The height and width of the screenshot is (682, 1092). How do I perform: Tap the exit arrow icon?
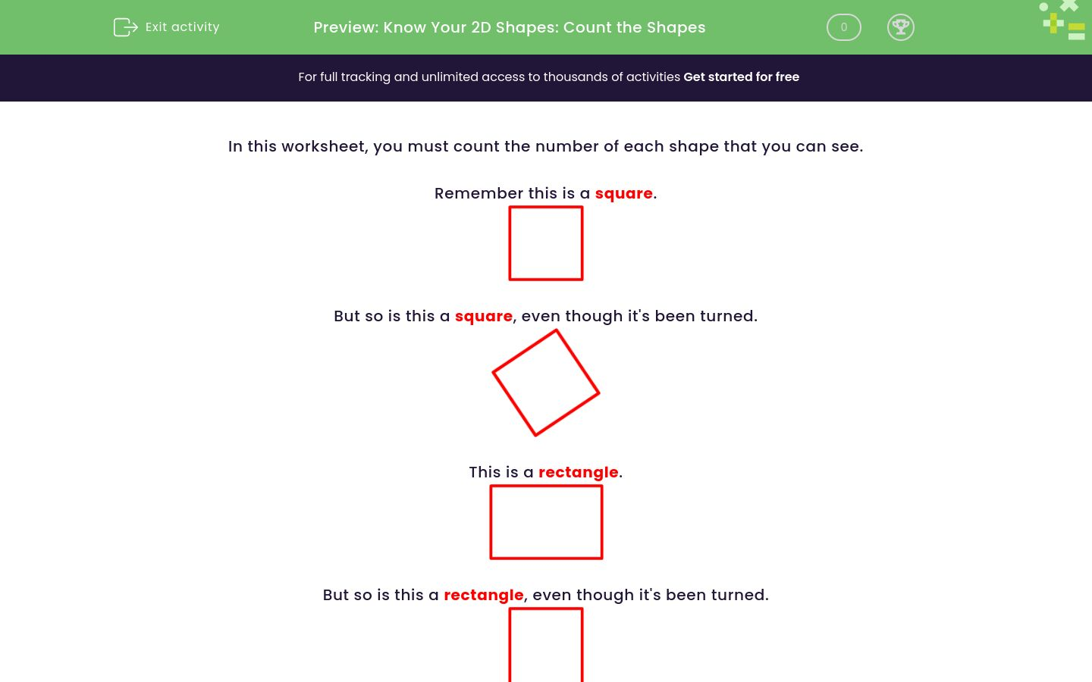tap(125, 27)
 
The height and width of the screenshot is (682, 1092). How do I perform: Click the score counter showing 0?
tap(843, 27)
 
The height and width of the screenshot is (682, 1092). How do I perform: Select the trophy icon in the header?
tap(900, 27)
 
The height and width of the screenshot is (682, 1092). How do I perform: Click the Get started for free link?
tap(741, 77)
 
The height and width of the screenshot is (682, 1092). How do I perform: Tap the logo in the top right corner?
tap(1063, 20)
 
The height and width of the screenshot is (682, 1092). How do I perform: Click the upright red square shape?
tap(546, 243)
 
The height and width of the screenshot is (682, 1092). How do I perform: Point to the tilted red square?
tap(546, 383)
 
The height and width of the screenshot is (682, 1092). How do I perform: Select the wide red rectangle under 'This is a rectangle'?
tap(546, 522)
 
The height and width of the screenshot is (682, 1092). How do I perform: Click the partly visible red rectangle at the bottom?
tap(546, 645)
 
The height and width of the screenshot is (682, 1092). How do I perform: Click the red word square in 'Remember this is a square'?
tap(623, 193)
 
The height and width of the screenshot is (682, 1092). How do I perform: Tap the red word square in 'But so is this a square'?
tap(484, 316)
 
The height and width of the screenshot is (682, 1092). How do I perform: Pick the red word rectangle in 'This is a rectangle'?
tap(578, 472)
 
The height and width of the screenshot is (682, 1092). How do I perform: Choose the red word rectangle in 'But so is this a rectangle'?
tap(484, 595)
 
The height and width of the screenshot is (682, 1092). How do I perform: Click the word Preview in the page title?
tap(345, 27)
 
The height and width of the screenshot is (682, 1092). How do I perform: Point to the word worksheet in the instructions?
tap(322, 146)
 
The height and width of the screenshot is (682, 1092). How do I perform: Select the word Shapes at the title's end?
tap(676, 27)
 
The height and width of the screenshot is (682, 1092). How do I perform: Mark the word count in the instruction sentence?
tap(477, 146)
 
